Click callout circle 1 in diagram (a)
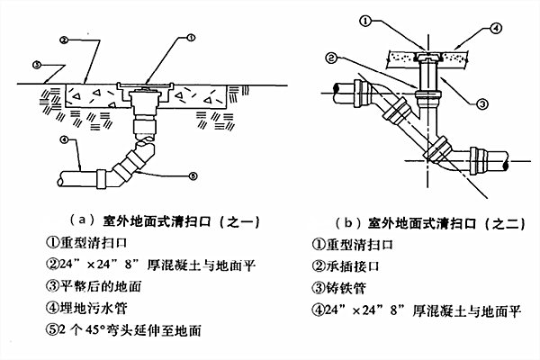click(192, 38)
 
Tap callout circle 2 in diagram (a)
click(65, 41)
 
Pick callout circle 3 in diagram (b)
click(481, 104)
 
